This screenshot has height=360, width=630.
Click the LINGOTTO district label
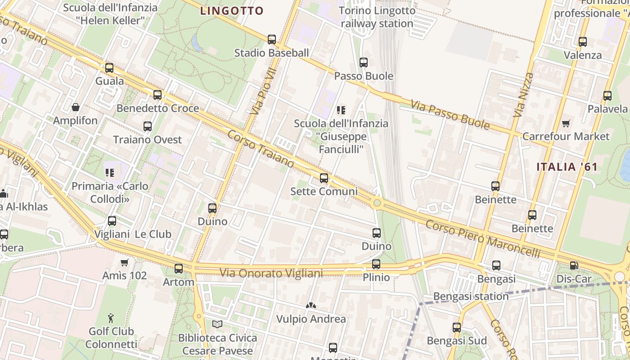click(x=232, y=11)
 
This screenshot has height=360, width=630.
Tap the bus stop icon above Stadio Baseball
click(x=272, y=40)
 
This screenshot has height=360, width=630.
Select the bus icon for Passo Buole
click(x=364, y=63)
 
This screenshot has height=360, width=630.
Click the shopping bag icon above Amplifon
click(x=76, y=107)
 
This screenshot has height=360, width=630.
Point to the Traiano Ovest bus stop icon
click(x=148, y=126)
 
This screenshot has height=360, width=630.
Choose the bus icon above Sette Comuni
click(x=324, y=178)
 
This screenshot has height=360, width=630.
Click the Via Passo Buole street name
click(x=450, y=116)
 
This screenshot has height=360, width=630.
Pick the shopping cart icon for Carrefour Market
click(x=566, y=123)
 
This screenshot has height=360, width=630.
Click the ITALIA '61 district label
click(x=567, y=167)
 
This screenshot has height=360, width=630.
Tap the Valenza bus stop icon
click(x=583, y=42)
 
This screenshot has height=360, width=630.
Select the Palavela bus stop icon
click(x=607, y=96)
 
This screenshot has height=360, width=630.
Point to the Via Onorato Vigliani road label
click(x=271, y=273)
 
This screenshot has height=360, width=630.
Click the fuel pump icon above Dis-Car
click(x=574, y=266)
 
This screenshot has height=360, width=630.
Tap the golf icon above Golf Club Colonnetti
click(x=111, y=319)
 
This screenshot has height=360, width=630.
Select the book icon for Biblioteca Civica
click(x=217, y=324)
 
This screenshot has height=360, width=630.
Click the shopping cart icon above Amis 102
click(x=125, y=262)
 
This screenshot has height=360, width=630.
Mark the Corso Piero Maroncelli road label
click(x=482, y=238)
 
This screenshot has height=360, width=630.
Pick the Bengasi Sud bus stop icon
click(x=457, y=328)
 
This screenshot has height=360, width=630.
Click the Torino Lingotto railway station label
click(x=377, y=17)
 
